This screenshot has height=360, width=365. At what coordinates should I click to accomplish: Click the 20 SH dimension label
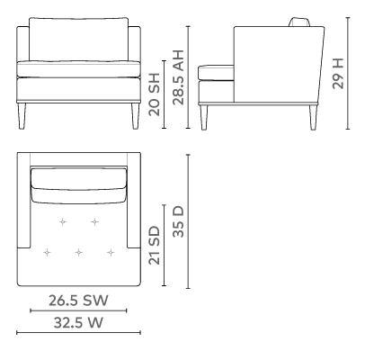[x=155, y=94]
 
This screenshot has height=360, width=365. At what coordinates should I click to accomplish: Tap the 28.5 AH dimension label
[x=178, y=77]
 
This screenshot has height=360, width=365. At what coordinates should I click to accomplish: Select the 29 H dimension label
[x=338, y=73]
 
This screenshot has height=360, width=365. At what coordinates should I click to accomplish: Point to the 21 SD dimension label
[x=155, y=245]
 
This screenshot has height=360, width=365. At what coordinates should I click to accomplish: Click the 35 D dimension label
[x=178, y=221]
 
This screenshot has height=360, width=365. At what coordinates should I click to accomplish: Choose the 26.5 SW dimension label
[x=78, y=301]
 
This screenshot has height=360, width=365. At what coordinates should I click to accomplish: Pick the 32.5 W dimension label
[x=78, y=323]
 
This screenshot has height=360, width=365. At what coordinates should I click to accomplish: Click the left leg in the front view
[x=22, y=116]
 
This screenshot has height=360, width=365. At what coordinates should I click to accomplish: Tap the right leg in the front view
[x=135, y=116]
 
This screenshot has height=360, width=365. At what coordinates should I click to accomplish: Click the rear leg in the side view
[x=313, y=117]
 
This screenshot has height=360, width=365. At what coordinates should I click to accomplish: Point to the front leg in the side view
[x=204, y=117]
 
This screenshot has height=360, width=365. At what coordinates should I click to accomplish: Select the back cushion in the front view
[x=78, y=40]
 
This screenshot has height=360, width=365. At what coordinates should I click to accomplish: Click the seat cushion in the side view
[x=216, y=73]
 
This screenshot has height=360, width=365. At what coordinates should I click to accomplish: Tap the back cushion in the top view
[x=78, y=185]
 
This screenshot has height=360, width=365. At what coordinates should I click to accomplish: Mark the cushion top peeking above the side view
[x=299, y=22]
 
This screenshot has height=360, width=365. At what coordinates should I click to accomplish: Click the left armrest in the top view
[x=24, y=201]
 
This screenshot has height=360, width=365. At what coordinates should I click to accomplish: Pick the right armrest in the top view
[x=134, y=201]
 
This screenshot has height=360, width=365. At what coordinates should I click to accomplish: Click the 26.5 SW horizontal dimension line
[x=78, y=310]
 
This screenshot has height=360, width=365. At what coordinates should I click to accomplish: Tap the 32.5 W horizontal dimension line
[x=78, y=332]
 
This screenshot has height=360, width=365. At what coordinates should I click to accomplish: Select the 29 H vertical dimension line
[x=348, y=73]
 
